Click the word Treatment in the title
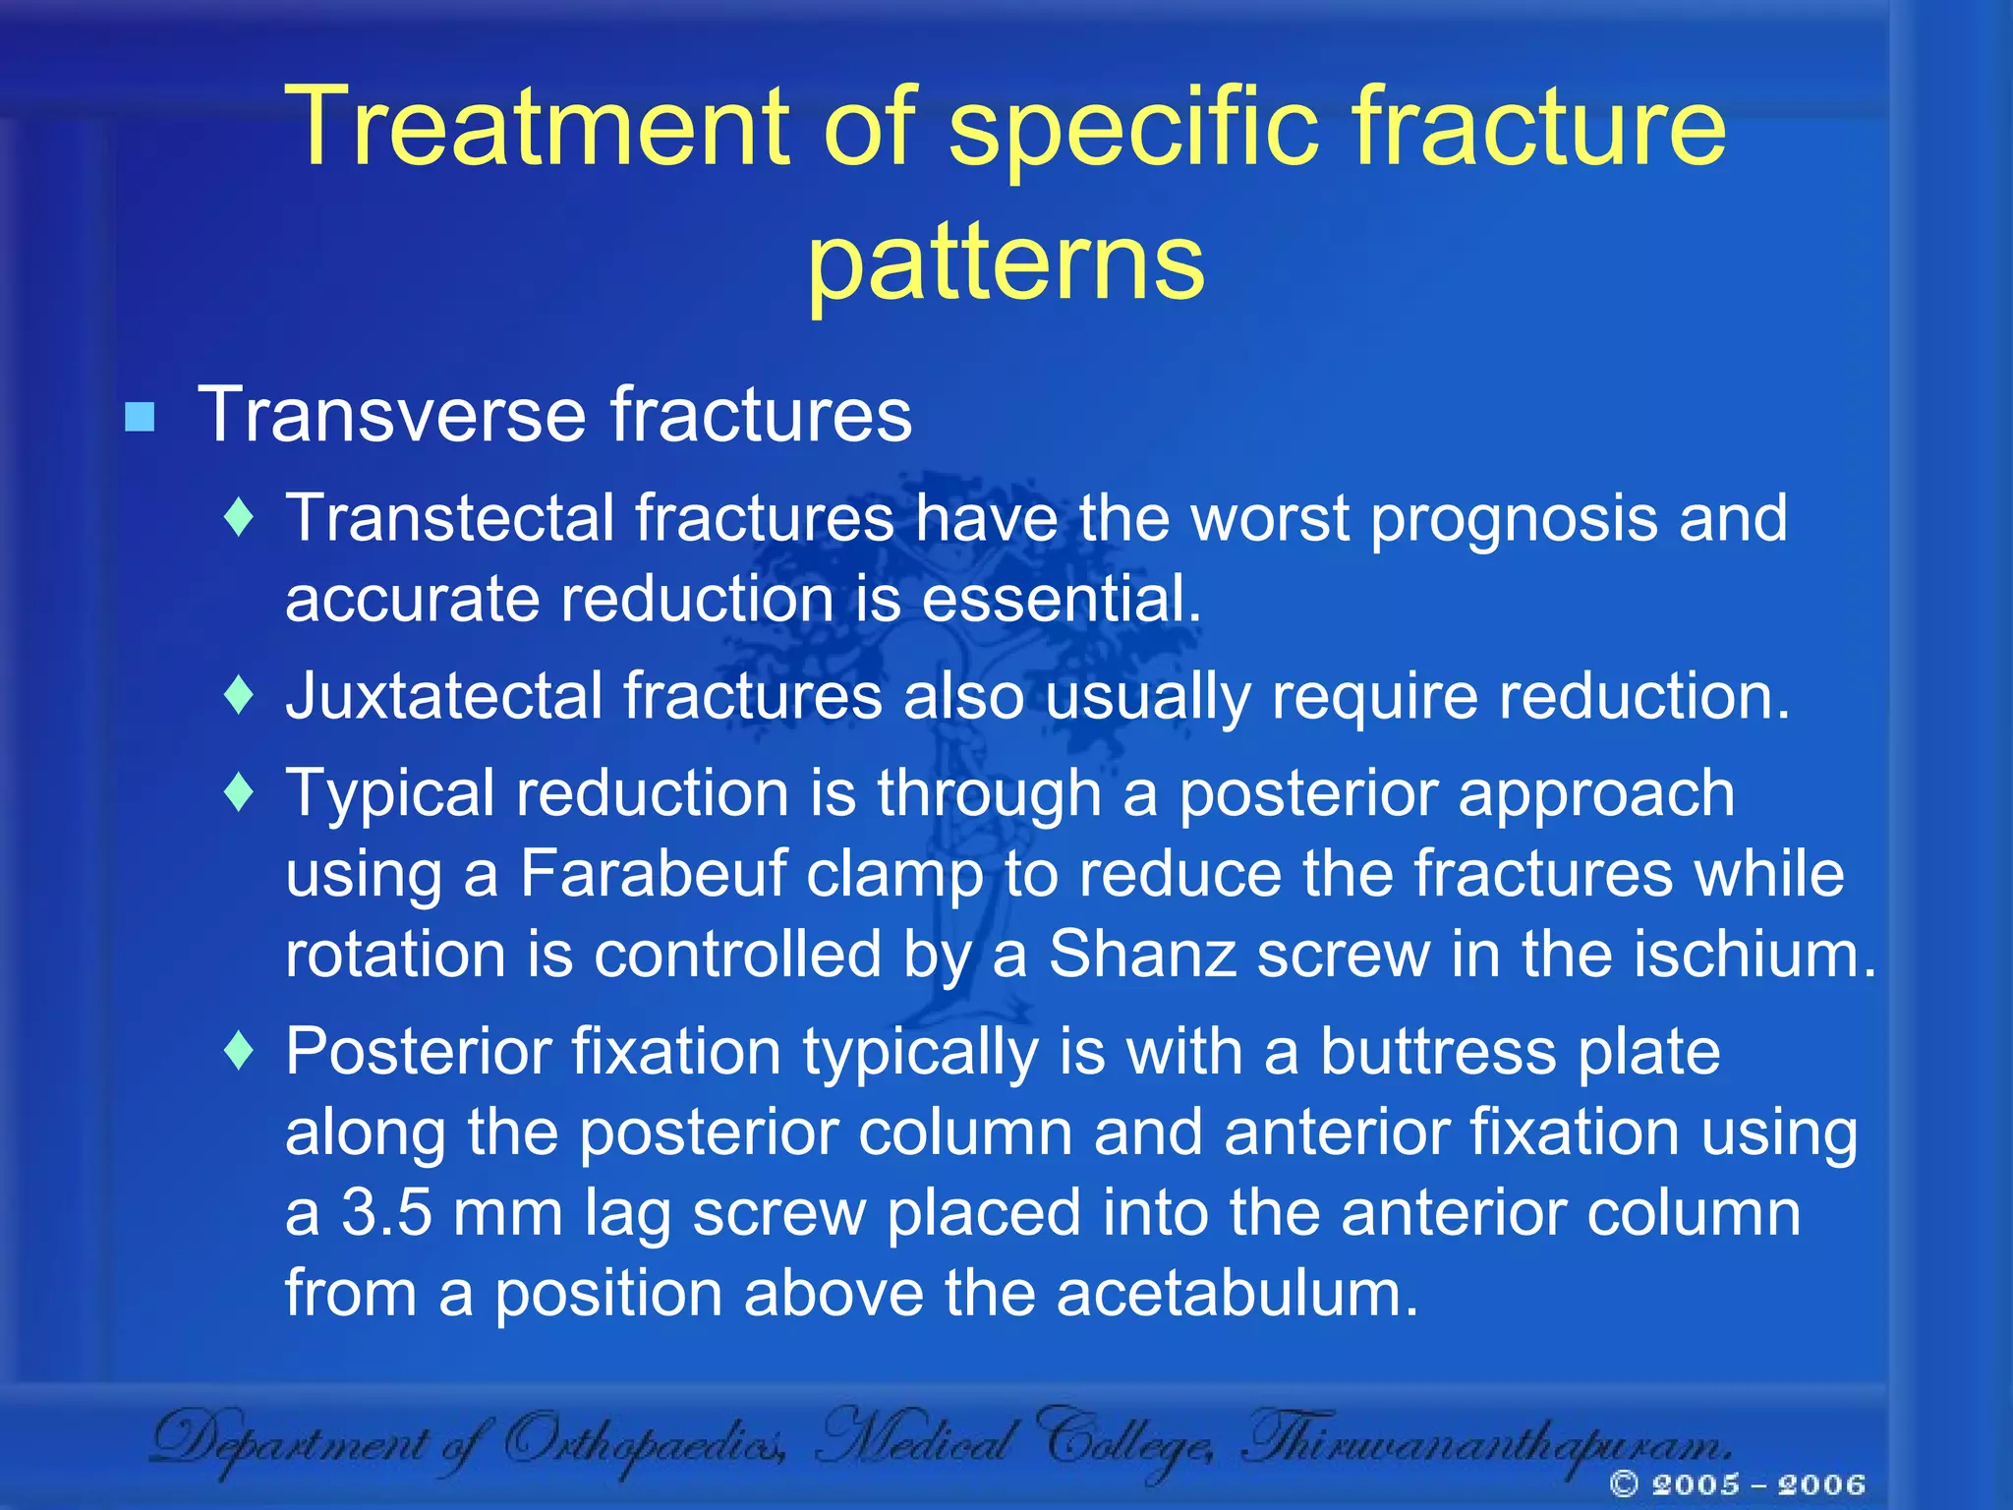tap(542, 127)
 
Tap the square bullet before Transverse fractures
tap(140, 418)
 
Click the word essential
tap(1061, 599)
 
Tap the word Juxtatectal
tap(443, 696)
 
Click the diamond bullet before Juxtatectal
tap(239, 695)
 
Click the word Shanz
tap(1141, 955)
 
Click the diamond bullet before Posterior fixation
tap(239, 1051)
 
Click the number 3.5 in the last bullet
tap(386, 1212)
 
